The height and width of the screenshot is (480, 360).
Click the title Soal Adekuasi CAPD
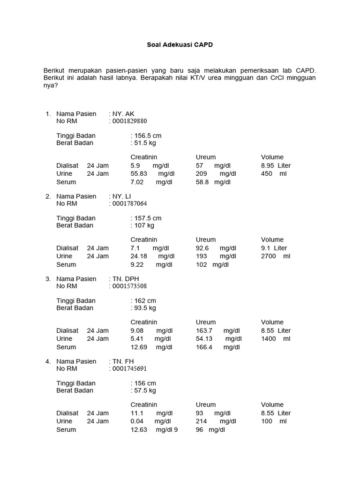pos(180,45)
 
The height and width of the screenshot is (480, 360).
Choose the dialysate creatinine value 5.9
pos(135,166)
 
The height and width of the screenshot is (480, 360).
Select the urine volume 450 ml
pos(273,174)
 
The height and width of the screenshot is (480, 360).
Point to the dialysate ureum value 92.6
pos(202,248)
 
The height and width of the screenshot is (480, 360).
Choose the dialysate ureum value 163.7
pos(204,331)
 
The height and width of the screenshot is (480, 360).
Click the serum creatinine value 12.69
pos(139,347)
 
